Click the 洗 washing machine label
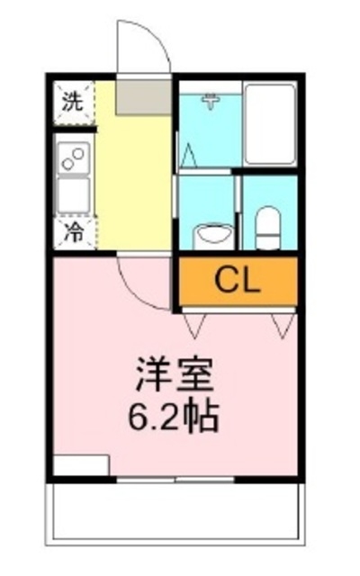(71, 100)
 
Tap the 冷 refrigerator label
(71, 231)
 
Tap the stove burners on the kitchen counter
(71, 159)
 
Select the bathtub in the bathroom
(269, 124)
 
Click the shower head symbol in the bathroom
(211, 101)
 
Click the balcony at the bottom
(175, 520)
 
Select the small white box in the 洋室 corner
(81, 465)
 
